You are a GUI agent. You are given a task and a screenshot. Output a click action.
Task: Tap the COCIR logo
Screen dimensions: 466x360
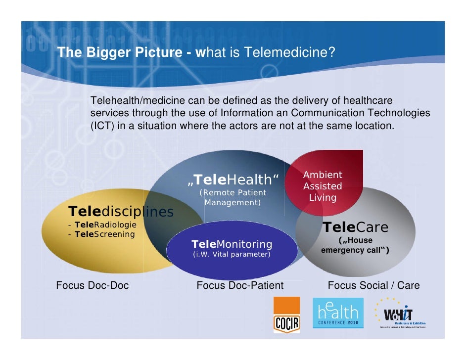point(287,315)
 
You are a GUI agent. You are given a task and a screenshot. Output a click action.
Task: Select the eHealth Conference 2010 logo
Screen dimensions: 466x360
point(338,313)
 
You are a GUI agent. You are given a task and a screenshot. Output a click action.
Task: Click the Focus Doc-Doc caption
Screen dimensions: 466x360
point(93,285)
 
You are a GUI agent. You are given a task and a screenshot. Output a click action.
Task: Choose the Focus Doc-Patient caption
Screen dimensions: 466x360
point(240,285)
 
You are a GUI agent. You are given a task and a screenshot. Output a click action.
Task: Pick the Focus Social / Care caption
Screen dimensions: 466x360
point(373,285)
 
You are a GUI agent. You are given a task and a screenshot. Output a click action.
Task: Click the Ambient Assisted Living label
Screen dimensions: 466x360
point(323,186)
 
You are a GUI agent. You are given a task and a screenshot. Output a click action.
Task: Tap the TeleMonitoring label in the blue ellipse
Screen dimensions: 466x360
point(232,244)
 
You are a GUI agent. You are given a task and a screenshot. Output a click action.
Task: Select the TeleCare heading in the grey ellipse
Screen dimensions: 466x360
point(355,227)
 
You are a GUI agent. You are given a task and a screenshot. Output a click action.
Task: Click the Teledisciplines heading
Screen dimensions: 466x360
point(121,212)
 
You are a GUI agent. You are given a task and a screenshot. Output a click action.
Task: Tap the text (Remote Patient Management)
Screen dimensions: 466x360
point(233,197)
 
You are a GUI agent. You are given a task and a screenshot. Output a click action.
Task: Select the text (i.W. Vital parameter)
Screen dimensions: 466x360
point(231,255)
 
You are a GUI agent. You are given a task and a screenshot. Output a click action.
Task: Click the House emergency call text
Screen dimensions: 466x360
point(355,245)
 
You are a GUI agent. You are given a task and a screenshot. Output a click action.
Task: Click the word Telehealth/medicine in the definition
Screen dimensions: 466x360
point(131,101)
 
